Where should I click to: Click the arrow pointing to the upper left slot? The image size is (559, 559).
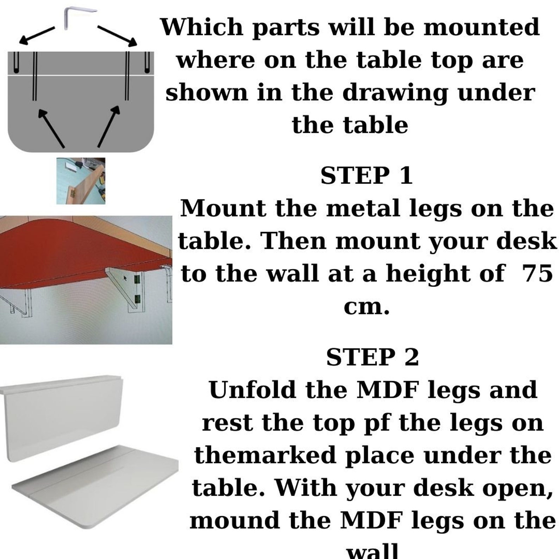37,35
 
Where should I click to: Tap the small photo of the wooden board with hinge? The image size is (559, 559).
81,181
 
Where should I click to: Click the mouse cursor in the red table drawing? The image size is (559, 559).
125,278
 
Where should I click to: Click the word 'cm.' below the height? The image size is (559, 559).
366,307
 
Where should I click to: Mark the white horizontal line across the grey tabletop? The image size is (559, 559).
81,75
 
